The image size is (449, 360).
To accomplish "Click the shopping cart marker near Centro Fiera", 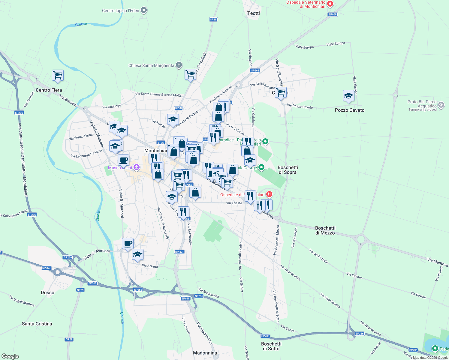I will (x=58, y=75).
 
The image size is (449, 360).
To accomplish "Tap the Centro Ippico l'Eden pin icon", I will (x=144, y=10).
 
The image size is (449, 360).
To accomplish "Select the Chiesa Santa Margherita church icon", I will (x=179, y=65).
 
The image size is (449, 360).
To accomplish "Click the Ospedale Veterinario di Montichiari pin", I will (x=330, y=4).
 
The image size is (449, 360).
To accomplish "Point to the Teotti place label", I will (x=254, y=13).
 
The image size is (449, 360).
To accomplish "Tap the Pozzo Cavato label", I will (x=350, y=110).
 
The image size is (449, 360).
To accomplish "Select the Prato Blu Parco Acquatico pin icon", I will (x=441, y=105).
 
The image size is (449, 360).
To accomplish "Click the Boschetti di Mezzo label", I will (x=325, y=230).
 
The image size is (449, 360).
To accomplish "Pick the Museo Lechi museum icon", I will (x=137, y=167).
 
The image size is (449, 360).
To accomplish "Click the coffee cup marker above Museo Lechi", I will (x=123, y=160).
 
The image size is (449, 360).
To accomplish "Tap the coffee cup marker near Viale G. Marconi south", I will (x=128, y=243).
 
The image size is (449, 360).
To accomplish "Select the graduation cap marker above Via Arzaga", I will (x=137, y=255).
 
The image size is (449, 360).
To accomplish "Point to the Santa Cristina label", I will (x=37, y=324).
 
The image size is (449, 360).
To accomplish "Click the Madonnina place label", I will (x=205, y=353).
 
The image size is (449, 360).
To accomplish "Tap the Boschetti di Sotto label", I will (x=271, y=346).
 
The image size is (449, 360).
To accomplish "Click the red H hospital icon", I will (x=269, y=194).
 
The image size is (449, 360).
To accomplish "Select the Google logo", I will (x=10, y=356).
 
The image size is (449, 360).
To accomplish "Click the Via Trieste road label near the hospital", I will (x=234, y=203).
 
